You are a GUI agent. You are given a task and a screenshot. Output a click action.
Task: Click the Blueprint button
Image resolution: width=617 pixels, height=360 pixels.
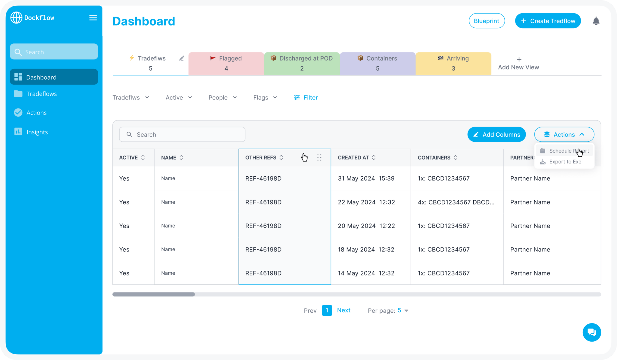pos(486,21)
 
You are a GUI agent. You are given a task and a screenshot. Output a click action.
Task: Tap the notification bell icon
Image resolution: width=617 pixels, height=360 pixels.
pos(596,21)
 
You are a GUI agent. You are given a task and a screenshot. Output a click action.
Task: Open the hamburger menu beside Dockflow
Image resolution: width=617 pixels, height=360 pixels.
pos(93,18)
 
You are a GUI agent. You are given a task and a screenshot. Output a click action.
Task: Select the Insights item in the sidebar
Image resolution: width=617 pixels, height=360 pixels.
pos(37,132)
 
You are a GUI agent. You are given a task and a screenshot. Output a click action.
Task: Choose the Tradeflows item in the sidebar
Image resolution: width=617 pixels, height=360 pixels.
pos(41,94)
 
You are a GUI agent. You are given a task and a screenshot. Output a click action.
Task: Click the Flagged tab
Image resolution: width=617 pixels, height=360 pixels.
pos(226,63)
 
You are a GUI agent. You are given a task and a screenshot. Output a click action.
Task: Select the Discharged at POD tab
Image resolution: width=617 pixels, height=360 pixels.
pos(302,63)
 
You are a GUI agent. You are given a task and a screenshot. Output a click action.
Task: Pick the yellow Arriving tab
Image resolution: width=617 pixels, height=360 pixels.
pos(453,63)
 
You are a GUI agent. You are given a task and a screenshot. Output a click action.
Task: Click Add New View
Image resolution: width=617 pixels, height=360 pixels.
pos(518,64)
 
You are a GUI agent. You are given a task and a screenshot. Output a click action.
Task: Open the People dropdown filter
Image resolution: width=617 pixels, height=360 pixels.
pos(222,97)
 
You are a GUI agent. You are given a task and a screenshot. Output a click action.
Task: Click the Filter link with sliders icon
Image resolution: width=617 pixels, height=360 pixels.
pos(306,97)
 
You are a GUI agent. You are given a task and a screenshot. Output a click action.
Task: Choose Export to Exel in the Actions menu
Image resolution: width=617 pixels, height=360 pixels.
pos(565,162)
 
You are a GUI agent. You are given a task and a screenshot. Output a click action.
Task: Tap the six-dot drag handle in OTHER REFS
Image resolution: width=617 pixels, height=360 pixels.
pos(319,157)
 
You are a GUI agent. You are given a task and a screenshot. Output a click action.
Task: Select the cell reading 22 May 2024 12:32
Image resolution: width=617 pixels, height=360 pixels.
pos(366,202)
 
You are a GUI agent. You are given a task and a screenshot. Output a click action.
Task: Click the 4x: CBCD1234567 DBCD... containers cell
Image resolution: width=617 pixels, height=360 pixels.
pos(456,202)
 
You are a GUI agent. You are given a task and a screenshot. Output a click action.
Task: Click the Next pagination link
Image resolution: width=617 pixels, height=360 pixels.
pos(343,310)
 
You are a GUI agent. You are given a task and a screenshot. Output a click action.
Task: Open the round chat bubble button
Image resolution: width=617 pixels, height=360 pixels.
pos(591,332)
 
